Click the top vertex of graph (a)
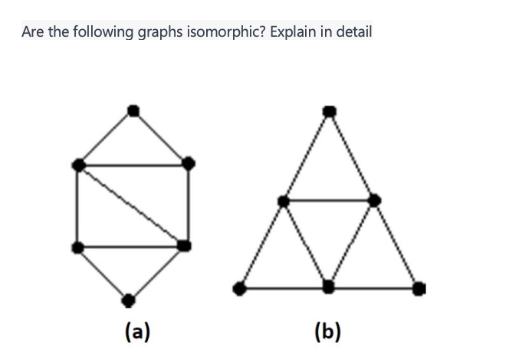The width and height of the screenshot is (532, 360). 133,110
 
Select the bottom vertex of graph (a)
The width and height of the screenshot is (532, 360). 130,298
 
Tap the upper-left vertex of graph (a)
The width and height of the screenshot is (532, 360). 77,164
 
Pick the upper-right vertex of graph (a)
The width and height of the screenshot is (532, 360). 187,162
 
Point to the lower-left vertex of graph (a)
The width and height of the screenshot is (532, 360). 77,247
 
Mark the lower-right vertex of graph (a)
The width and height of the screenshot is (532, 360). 184,245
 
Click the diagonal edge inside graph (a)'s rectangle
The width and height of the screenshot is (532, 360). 130,205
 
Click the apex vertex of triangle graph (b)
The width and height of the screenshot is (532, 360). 329,112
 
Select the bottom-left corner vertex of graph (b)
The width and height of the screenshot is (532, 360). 240,288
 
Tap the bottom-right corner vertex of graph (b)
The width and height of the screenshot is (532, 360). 419,288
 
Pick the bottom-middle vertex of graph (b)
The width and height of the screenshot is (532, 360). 329,287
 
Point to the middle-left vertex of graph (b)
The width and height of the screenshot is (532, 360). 284,201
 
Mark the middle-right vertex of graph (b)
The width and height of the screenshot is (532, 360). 374,200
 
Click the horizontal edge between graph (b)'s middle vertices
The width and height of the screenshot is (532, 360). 329,201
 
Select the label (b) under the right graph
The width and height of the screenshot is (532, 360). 328,331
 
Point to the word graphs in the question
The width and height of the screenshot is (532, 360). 159,34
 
